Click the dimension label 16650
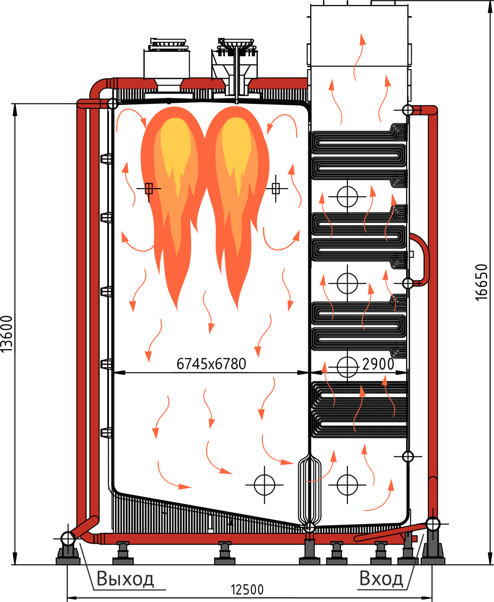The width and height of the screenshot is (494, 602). (480, 282)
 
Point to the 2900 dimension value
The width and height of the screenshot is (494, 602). (378, 364)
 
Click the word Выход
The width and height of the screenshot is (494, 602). (125, 578)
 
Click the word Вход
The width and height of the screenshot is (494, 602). (381, 578)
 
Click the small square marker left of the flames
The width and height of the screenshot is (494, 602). (149, 189)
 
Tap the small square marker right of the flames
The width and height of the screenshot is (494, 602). (276, 189)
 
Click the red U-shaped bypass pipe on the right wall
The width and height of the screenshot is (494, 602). (422, 258)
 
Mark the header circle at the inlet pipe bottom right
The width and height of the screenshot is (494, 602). (433, 523)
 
